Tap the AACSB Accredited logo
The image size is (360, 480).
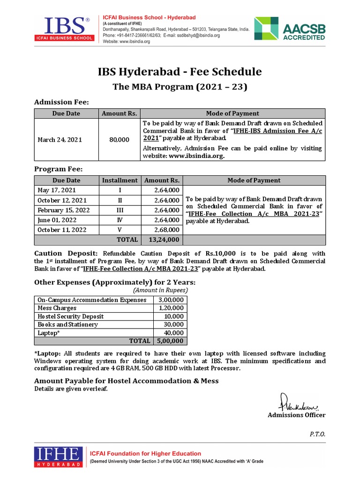[x=289, y=30]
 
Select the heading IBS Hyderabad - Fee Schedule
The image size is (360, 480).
[x=180, y=72]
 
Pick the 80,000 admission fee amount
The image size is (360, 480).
[x=119, y=140]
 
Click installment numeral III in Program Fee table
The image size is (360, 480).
[x=120, y=210]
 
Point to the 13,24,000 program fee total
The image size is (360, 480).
[x=164, y=240]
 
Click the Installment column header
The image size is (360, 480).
[x=120, y=180]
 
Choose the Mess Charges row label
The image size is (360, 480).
[x=57, y=308]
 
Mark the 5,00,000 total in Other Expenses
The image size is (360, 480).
[x=171, y=341]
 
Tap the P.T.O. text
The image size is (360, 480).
[x=317, y=434]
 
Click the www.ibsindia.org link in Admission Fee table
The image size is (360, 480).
[x=196, y=156]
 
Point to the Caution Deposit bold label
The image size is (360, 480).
[x=66, y=253]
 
